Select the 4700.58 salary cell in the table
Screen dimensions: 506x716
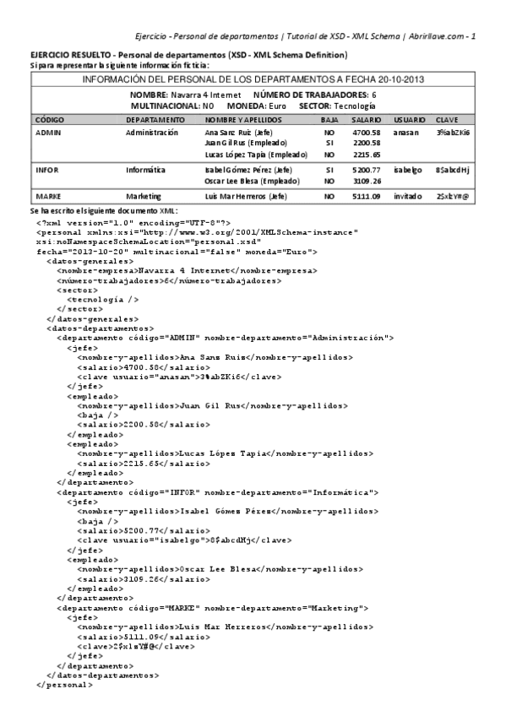[366, 133]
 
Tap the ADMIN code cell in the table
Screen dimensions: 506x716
[47, 133]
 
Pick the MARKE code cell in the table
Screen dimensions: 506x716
[48, 196]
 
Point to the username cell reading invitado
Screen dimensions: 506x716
[409, 196]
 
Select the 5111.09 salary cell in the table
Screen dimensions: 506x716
[366, 196]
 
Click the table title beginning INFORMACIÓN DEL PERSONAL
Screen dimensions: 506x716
[253, 79]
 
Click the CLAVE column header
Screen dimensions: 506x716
[447, 120]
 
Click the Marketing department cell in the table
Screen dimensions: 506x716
[146, 196]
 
